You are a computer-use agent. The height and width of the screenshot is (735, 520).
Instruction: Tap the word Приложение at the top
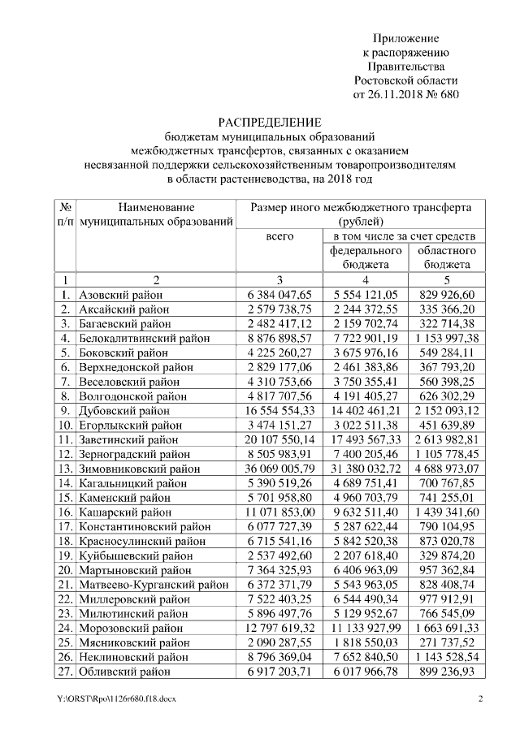click(405, 38)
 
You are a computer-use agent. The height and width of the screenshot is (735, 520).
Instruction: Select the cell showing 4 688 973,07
click(446, 469)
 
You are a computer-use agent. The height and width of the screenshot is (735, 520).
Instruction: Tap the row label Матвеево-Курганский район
click(153, 585)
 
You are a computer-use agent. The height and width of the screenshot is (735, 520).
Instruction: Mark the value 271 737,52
click(446, 642)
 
